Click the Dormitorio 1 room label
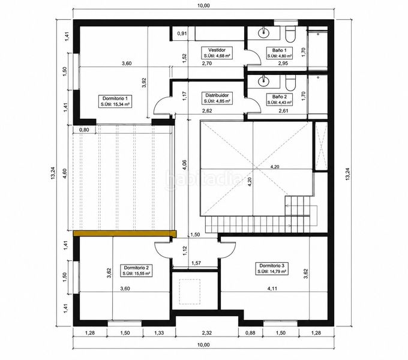coord(115,101)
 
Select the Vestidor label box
coord(217,53)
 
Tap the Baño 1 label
coord(279,53)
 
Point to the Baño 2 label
coord(279,100)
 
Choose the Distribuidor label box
coord(217,98)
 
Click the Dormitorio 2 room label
coord(136,271)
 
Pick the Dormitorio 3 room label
coord(272,268)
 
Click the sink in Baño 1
coord(263,32)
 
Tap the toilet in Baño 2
coord(290,83)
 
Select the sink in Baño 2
coord(263,81)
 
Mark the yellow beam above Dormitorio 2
coord(125,233)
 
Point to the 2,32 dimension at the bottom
coord(207,332)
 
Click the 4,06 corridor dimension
coord(184,164)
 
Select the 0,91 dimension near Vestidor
coord(182,33)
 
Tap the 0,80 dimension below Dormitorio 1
coord(84,130)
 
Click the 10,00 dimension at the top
coord(203,5)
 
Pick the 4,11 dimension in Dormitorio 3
coord(272,288)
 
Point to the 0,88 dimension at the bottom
coord(250,332)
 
